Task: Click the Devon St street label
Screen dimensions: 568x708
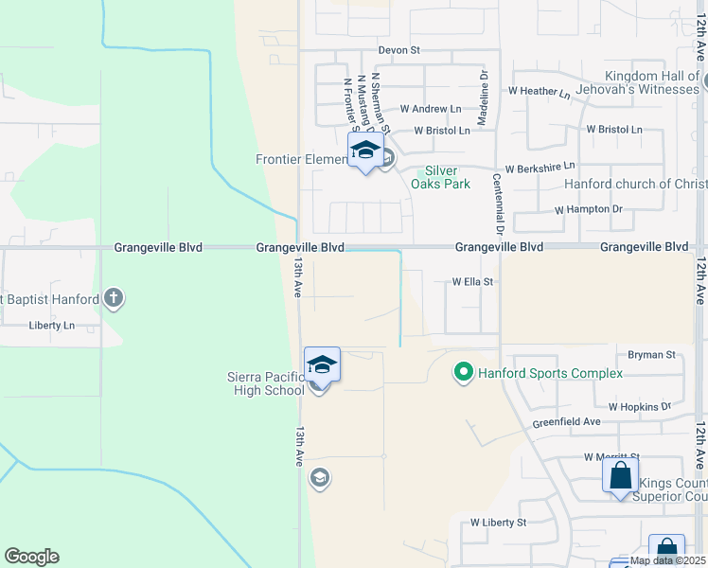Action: [x=398, y=49]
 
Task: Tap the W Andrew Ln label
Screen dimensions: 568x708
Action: [x=430, y=110]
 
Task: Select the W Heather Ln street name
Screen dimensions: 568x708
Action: [x=539, y=93]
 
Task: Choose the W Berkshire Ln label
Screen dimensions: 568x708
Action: [x=540, y=168]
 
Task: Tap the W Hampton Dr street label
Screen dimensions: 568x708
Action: [x=589, y=208]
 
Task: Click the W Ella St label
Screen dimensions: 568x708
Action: [x=473, y=281]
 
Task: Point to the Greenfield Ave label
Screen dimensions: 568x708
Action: [x=566, y=421]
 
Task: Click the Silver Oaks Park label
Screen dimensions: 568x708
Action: [x=446, y=177]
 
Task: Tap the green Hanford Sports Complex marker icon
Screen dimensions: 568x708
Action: [x=463, y=373]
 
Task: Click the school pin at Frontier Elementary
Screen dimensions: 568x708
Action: [x=365, y=151]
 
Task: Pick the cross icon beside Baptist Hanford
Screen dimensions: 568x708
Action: [x=114, y=299]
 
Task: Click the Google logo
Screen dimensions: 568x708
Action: [x=31, y=557]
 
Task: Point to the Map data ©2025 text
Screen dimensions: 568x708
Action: [x=667, y=560]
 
